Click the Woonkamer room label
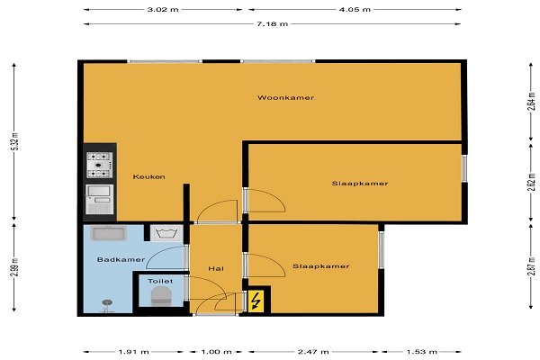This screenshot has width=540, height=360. click(x=285, y=97)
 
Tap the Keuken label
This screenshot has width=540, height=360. click(x=148, y=176)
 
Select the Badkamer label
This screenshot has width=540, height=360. click(x=121, y=259)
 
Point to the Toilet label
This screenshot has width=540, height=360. click(x=160, y=281)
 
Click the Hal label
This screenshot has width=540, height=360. click(x=216, y=268)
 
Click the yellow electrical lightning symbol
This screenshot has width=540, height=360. click(x=256, y=301)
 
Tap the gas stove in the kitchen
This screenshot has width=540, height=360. click(x=100, y=165)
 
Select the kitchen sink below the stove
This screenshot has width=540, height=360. click(x=100, y=199)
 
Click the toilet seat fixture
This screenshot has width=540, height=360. click(x=161, y=296)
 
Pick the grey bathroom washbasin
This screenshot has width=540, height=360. click(x=109, y=233)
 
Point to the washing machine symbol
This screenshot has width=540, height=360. click(x=166, y=234)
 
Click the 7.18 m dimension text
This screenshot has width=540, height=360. click(x=272, y=23)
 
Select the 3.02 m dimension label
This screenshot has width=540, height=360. click(x=163, y=9)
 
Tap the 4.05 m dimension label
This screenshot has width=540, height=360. click(x=355, y=9)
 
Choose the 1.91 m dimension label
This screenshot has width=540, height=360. click(x=133, y=352)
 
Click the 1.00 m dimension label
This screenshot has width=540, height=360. click(x=216, y=352)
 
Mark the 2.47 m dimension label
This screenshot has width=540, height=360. click(x=313, y=352)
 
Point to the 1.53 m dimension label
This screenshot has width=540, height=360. click(x=421, y=352)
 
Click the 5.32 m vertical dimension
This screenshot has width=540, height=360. click(x=14, y=141)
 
